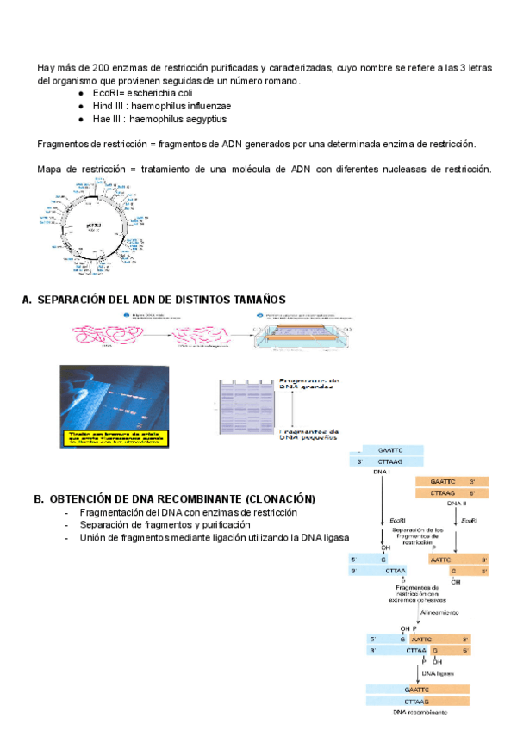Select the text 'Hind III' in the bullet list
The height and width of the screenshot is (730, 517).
(108, 106)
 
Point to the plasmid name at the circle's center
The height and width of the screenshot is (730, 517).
(94, 225)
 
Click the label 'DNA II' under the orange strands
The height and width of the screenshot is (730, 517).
(457, 504)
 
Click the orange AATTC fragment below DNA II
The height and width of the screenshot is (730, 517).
(448, 558)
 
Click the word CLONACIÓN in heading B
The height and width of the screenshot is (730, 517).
(280, 499)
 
